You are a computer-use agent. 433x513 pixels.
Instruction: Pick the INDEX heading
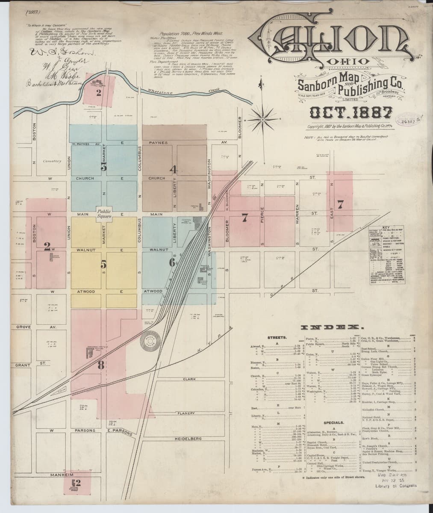point(330,327)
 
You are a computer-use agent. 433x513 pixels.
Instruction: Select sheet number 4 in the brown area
point(173,169)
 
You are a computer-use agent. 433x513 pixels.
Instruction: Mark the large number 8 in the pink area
point(101,365)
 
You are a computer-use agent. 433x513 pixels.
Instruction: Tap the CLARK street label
point(189,379)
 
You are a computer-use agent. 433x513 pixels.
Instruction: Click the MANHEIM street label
point(62,475)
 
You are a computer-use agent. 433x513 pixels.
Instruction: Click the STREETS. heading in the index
point(280,337)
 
